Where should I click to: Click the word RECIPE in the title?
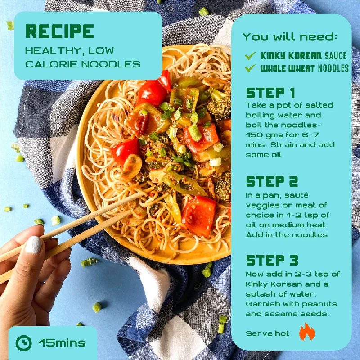point(60,31)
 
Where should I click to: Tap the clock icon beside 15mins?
point(24,343)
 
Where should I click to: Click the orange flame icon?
point(307,332)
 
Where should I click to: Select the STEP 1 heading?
point(270,93)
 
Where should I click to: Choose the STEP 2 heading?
point(272,181)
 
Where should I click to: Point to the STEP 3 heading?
point(272,260)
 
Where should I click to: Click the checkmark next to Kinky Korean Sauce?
point(250,55)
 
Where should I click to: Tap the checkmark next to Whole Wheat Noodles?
point(250,68)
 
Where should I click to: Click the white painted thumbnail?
point(33,245)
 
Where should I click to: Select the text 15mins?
point(62,343)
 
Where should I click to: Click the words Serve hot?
point(267,333)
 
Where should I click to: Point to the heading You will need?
point(290,37)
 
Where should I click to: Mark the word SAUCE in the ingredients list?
point(336,56)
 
